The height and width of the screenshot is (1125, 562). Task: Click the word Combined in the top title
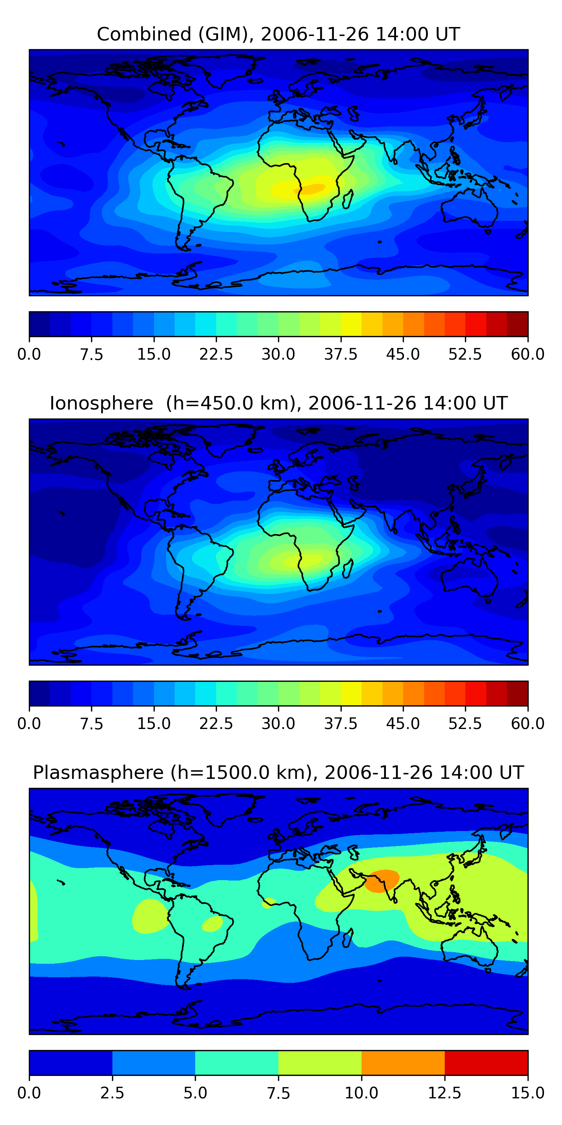click(144, 34)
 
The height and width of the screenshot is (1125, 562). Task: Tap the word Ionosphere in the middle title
click(101, 403)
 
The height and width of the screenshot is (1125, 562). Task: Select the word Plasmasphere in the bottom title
click(98, 772)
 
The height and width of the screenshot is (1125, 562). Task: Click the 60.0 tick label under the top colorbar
click(528, 354)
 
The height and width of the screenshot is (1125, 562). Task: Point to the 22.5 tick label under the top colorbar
click(216, 354)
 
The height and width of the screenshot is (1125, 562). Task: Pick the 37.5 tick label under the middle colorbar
click(340, 724)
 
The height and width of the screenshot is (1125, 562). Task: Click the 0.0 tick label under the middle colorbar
click(29, 724)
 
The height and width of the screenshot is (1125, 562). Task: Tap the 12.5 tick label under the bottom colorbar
click(444, 1093)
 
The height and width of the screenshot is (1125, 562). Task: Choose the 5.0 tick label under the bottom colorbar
click(195, 1093)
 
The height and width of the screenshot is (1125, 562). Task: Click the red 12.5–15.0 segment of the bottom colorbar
click(486, 1062)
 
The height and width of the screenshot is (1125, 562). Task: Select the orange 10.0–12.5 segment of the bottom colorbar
click(403, 1062)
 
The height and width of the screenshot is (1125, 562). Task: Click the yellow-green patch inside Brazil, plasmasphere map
click(212, 924)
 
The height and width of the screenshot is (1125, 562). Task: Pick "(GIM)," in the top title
click(226, 34)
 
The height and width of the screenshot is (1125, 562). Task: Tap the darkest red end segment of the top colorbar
click(517, 324)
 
